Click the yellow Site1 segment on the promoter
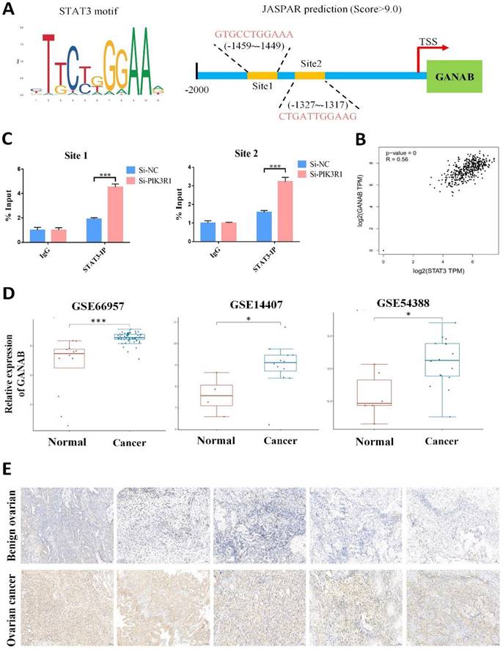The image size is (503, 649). point(262,75)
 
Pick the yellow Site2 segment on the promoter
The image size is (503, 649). point(309,75)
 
